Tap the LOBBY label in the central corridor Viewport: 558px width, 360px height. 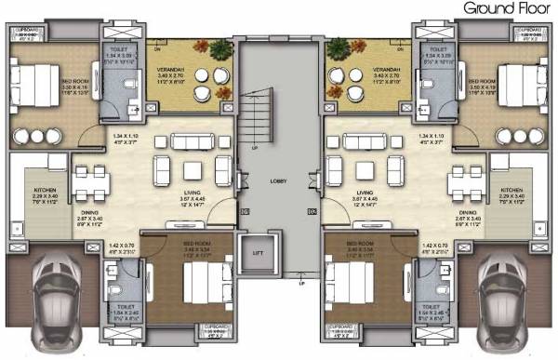tap(278, 181)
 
